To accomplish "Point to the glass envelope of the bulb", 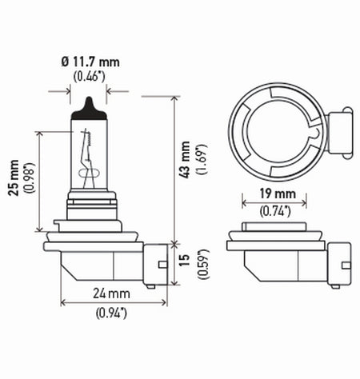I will pos(89,156).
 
